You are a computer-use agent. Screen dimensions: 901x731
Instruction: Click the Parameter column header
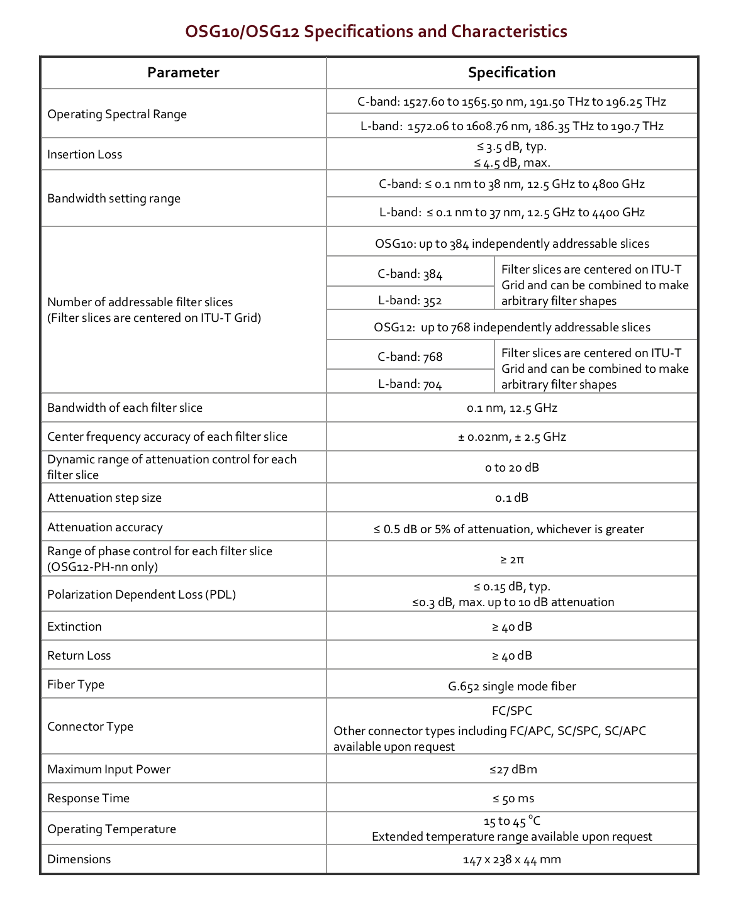(x=183, y=73)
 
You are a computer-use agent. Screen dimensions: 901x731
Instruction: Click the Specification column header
(x=511, y=73)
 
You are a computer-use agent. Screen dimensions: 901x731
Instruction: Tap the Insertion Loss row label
(x=85, y=155)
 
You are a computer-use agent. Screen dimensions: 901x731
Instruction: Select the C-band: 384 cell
(x=410, y=274)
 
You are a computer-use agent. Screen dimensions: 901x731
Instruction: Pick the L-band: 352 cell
(x=410, y=301)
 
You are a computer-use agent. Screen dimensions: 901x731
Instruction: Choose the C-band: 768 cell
(x=410, y=357)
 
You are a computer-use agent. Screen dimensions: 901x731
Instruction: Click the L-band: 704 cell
(x=410, y=384)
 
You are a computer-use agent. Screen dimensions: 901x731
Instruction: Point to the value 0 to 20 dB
(x=511, y=468)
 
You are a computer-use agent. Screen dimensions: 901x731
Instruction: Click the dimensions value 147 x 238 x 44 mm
(x=511, y=860)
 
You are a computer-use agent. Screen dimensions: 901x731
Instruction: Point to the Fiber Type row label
(x=76, y=685)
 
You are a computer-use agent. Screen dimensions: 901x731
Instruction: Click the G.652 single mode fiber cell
(x=511, y=687)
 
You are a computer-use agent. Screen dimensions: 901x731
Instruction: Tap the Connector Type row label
(x=91, y=727)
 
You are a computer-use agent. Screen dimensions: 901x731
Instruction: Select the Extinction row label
(x=74, y=627)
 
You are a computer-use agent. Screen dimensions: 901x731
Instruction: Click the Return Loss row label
(x=79, y=656)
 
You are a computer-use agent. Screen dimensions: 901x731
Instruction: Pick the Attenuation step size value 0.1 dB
(x=511, y=498)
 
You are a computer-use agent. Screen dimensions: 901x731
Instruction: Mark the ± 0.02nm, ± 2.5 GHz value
(x=511, y=437)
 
